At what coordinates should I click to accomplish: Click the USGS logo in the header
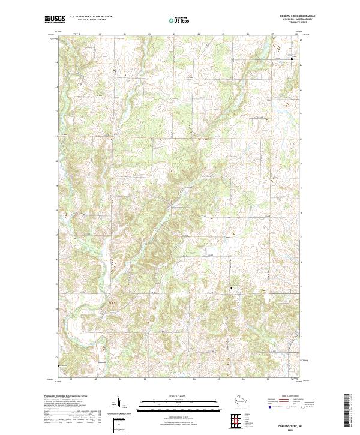(55, 20)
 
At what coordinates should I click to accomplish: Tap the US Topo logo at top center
(179, 20)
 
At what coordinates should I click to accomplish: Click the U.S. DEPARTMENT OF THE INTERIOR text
(91, 17)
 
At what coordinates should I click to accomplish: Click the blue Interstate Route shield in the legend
(271, 406)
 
